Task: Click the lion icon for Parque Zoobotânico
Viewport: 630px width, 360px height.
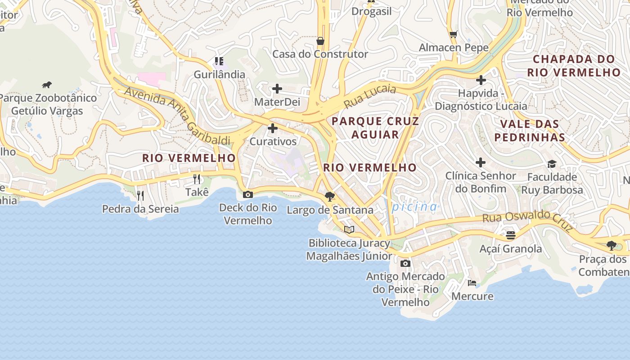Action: [x=47, y=85]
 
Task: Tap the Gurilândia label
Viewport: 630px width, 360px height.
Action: [x=219, y=74]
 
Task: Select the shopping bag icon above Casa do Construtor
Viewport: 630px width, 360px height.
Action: [x=320, y=41]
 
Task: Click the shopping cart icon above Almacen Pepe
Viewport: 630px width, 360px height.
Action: [x=454, y=34]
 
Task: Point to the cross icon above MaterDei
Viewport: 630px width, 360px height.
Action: [x=277, y=89]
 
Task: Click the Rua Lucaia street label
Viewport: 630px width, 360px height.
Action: [x=370, y=96]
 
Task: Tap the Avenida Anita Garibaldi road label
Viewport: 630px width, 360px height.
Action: [x=177, y=115]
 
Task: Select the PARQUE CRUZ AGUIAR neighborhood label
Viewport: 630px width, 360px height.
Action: [x=375, y=128]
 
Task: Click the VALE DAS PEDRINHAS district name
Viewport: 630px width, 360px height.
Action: [x=529, y=130]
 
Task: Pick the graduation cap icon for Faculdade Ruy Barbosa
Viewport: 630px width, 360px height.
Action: [x=552, y=164]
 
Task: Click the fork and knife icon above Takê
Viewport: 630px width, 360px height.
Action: [x=197, y=179]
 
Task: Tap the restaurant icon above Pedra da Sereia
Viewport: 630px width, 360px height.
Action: [x=140, y=195]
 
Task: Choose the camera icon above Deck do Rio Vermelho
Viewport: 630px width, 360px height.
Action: [x=247, y=195]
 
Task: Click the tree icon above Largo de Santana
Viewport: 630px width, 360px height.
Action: [x=330, y=196]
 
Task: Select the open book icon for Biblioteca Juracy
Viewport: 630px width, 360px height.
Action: [x=349, y=229]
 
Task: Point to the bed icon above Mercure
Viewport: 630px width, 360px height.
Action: [x=472, y=283]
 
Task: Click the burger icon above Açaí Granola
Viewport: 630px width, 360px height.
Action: [x=510, y=235]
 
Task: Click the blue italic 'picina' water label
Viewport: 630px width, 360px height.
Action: [x=414, y=207]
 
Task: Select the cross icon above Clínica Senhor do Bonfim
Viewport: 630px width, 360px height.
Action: [x=481, y=162]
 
